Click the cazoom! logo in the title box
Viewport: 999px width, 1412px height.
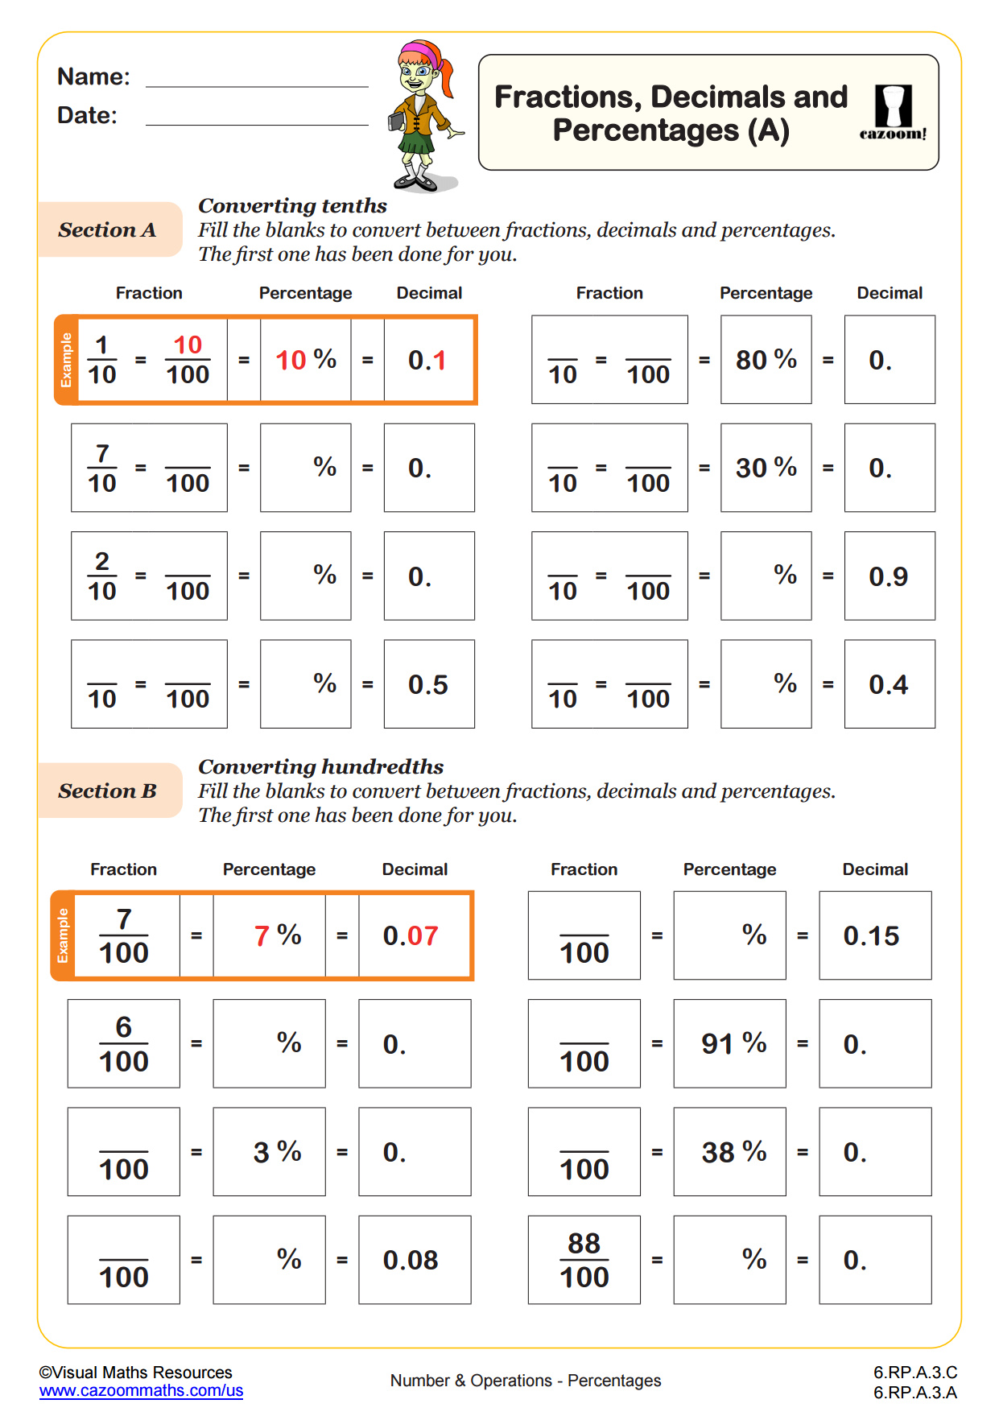[893, 114]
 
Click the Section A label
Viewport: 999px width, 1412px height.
[108, 230]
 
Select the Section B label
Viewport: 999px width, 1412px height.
[108, 791]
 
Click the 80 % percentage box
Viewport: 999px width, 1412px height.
[766, 360]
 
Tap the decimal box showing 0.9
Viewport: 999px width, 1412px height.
[889, 576]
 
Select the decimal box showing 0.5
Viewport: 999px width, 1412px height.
[428, 684]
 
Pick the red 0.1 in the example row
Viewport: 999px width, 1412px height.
[427, 361]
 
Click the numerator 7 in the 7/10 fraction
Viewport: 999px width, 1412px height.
[102, 454]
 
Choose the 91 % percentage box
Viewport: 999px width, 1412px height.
[729, 1044]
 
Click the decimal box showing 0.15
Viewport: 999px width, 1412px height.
[874, 936]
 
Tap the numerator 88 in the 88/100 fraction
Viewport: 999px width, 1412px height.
[584, 1244]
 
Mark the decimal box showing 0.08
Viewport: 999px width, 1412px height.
[414, 1261]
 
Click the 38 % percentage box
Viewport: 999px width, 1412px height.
[729, 1152]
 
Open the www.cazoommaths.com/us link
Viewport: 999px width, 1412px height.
[141, 1391]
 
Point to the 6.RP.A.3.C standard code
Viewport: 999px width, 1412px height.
[915, 1373]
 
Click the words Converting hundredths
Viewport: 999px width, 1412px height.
[321, 767]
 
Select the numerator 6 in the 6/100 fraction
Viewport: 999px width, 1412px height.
[123, 1028]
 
